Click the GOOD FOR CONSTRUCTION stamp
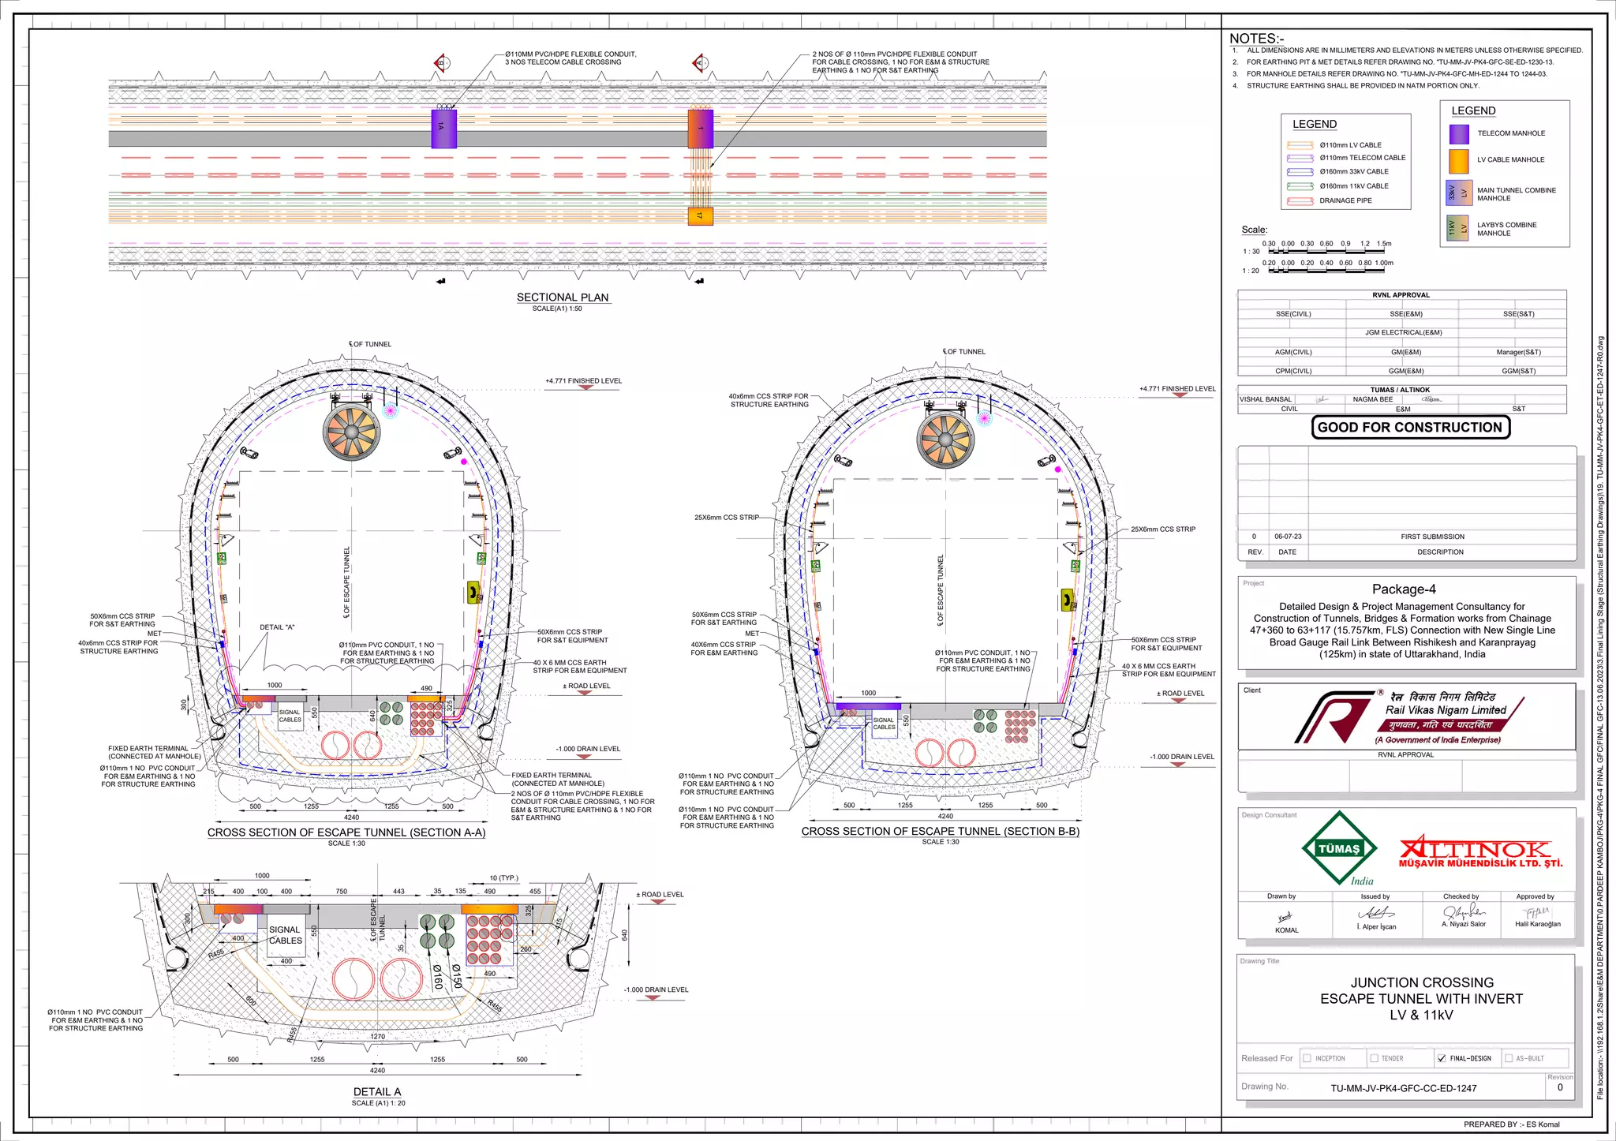(1410, 428)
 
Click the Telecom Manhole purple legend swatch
(1459, 134)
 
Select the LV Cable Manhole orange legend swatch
(1459, 161)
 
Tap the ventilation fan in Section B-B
(945, 440)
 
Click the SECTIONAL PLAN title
(563, 297)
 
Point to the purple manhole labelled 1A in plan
(443, 128)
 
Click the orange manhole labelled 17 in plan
(700, 215)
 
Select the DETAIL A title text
(377, 1092)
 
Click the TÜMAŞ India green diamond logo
(1339, 849)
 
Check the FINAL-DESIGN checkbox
(1442, 1058)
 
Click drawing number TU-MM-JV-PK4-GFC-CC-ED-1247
(1404, 1088)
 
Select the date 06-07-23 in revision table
(1288, 537)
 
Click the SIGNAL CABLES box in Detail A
(286, 935)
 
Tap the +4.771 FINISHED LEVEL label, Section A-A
(583, 381)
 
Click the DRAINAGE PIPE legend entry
(1345, 200)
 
